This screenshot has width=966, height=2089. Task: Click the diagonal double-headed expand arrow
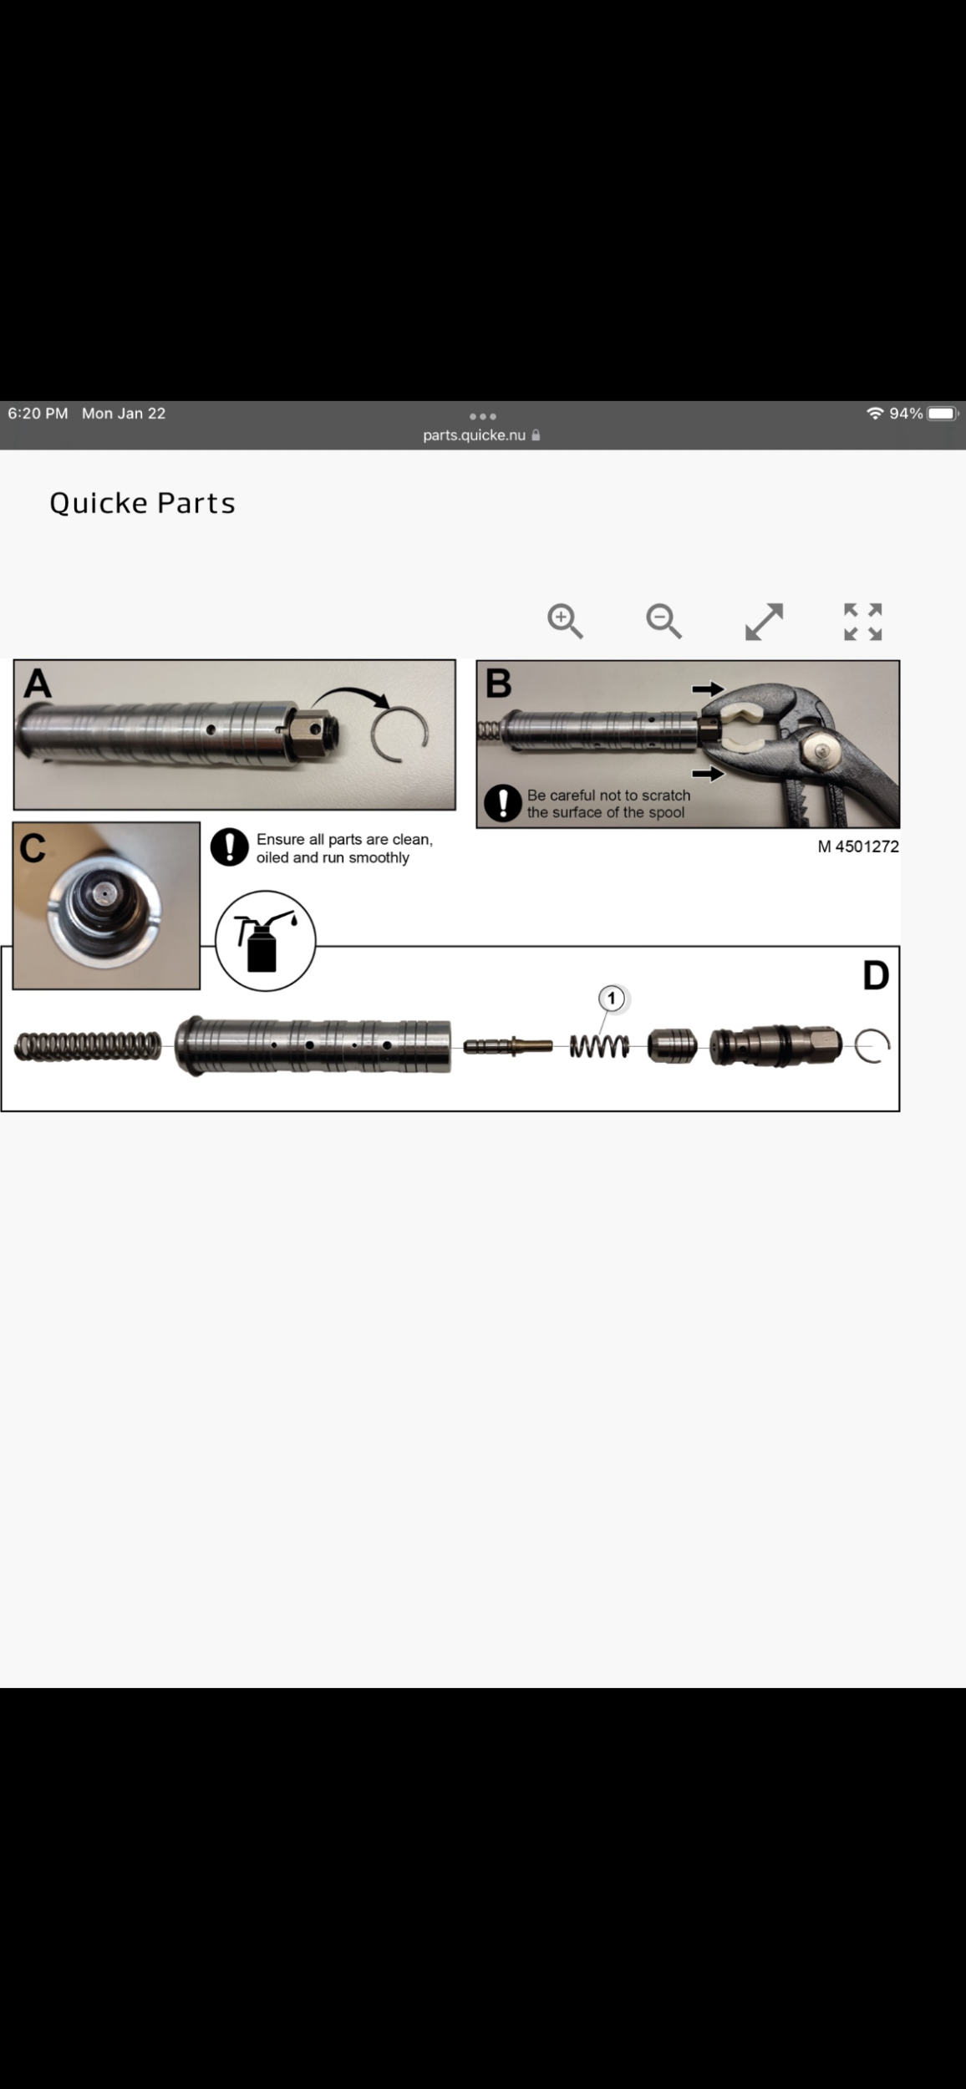764,622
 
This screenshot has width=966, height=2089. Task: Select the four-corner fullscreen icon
863,622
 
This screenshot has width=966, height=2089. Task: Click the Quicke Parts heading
142,503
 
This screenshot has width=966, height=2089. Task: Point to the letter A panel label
38,684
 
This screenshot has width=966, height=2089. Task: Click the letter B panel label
498,684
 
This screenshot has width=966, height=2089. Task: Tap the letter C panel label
33,848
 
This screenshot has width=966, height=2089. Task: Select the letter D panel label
876,975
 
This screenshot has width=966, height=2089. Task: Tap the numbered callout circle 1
612,999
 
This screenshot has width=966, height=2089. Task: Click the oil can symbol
266,941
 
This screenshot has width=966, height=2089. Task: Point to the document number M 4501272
858,846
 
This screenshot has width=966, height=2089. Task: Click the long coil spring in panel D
88,1046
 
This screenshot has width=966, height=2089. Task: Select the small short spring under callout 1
599,1046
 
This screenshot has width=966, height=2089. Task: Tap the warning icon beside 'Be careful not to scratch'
503,804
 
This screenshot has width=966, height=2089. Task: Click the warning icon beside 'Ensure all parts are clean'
230,847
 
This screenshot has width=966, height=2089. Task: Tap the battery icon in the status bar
943,414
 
